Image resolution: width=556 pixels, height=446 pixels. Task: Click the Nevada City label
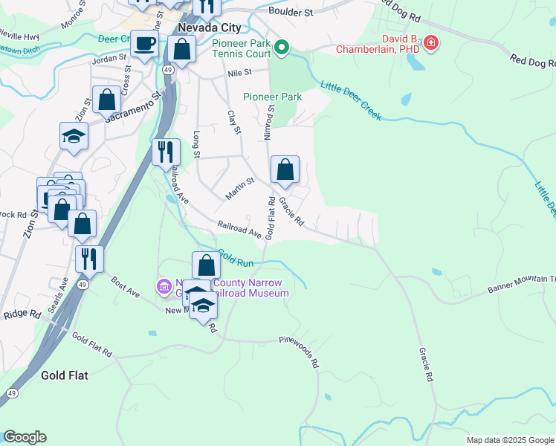coord(200,28)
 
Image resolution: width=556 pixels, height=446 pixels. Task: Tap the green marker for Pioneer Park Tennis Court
coord(282,49)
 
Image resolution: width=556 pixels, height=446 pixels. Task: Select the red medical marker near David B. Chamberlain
coord(430,45)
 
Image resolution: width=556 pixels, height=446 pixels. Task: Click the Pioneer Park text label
coord(273,97)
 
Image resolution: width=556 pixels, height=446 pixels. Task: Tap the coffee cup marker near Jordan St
coord(144,43)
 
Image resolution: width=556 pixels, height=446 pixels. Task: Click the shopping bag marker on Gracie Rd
coord(285,170)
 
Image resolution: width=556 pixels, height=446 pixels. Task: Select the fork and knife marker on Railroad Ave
coord(165,152)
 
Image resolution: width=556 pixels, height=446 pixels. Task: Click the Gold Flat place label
coord(65,375)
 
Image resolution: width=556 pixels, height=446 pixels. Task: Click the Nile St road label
coord(241,73)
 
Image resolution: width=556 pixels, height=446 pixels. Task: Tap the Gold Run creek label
coord(237,257)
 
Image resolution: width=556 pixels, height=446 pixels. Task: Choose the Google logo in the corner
coord(25,437)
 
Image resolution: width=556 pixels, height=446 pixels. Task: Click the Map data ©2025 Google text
coord(510,440)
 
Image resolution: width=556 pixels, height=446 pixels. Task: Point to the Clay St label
coord(235,121)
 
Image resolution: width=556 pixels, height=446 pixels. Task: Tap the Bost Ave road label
coord(126,287)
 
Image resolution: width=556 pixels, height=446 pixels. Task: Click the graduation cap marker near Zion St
coord(74,136)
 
